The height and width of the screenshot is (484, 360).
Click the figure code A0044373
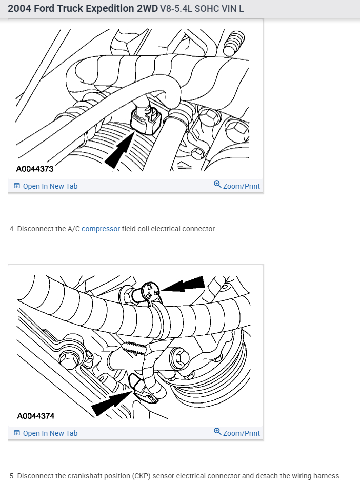35,169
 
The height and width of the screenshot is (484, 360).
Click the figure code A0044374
36,416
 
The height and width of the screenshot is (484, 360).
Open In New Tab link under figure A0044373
46,186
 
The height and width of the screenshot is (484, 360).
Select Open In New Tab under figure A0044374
46,433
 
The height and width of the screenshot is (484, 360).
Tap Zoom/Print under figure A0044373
237,186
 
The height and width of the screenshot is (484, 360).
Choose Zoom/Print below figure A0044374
237,433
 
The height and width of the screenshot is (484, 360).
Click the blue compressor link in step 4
101,229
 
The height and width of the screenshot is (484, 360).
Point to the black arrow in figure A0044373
119,150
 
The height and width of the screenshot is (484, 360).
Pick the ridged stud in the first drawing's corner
234,44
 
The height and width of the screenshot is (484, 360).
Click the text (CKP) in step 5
142,476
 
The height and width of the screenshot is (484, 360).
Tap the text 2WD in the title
147,9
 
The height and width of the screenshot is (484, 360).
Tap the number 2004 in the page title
19,9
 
